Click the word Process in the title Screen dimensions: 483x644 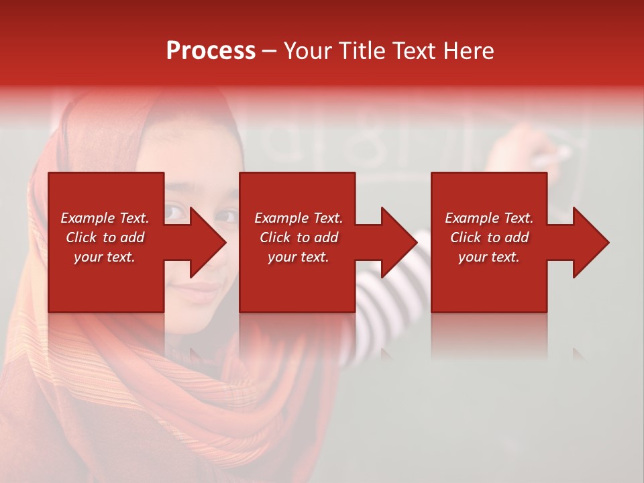(x=211, y=51)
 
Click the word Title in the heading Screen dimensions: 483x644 (x=361, y=51)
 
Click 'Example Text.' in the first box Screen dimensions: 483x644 (x=105, y=218)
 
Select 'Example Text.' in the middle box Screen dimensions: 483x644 (x=299, y=218)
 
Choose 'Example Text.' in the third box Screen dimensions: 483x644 (x=489, y=218)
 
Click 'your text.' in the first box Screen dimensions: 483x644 (x=105, y=257)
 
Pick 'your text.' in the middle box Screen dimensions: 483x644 (x=299, y=257)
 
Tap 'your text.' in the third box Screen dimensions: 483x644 (x=489, y=257)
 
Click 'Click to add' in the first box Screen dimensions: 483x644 (x=105, y=237)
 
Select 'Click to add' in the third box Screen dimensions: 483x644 (x=489, y=237)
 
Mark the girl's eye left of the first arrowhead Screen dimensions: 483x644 (x=175, y=213)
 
